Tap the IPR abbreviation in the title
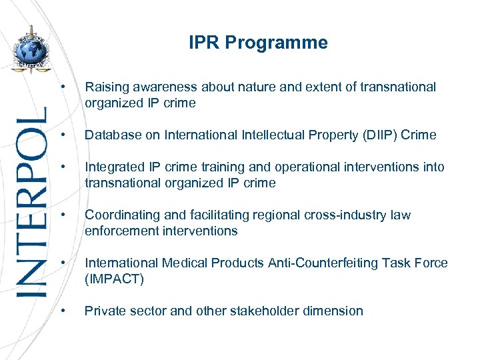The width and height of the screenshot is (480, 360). [x=204, y=43]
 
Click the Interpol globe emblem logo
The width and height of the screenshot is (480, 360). [x=32, y=51]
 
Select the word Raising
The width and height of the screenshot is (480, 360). [x=106, y=87]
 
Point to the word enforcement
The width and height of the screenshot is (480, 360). [x=121, y=231]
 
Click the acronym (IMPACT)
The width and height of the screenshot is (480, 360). [x=114, y=279]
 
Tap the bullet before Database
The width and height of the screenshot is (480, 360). [x=62, y=135]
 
